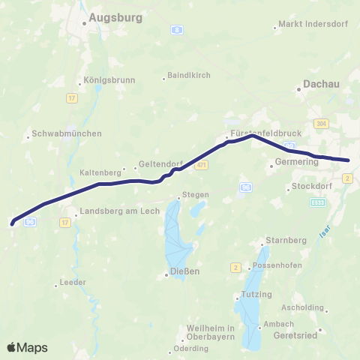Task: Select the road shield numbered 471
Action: [201, 165]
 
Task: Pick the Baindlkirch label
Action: [189, 76]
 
